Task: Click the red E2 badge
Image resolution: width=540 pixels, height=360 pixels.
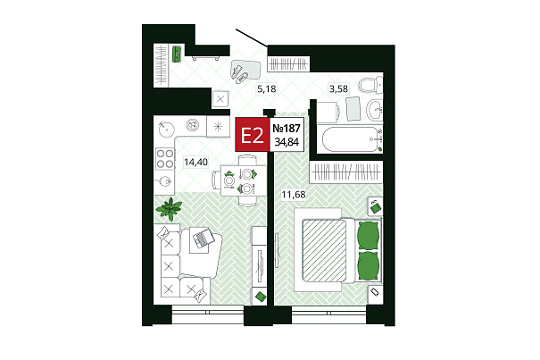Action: tap(253, 135)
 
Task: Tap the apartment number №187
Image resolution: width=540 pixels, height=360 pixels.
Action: tap(287, 129)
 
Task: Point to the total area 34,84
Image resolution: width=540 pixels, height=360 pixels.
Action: tap(287, 142)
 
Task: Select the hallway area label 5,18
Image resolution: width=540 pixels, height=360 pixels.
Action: tap(267, 89)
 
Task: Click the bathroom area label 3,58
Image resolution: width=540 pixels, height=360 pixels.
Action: tap(338, 89)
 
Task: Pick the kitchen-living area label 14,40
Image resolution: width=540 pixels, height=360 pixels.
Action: tap(195, 162)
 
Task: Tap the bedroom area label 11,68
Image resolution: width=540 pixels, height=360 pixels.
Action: tap(294, 195)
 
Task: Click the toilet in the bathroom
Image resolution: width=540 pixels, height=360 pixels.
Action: tap(370, 85)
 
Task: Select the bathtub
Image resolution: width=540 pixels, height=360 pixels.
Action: tap(352, 139)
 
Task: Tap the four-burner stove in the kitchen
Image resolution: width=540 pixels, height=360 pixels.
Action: tap(164, 159)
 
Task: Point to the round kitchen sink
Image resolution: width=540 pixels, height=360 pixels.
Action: tap(166, 130)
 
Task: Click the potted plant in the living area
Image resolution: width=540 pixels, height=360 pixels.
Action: tap(169, 209)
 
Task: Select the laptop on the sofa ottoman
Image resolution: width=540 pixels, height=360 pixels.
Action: tap(203, 238)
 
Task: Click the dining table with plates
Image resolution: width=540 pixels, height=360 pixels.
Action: tap(243, 180)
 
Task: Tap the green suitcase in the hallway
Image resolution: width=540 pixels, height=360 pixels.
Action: tap(177, 54)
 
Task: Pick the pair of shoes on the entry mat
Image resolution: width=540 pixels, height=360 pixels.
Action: tap(239, 74)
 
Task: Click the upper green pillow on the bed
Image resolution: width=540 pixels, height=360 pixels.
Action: tap(368, 236)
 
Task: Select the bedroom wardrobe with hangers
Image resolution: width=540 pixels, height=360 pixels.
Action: tap(345, 172)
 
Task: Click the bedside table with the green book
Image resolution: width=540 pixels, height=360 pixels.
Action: tap(375, 206)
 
